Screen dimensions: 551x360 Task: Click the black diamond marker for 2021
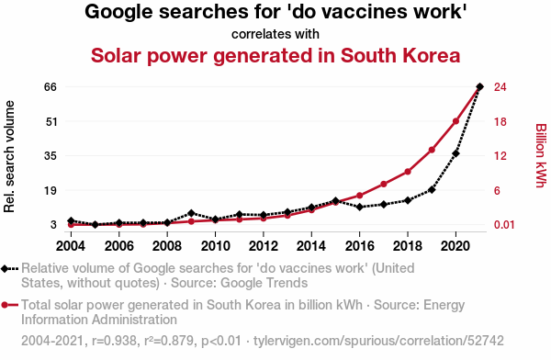pos(479,86)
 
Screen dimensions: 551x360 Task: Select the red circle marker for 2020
pos(455,121)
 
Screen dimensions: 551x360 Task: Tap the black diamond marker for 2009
pos(191,213)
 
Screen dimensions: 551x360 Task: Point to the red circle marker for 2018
pos(408,172)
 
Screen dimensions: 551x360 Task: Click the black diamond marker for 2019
pos(432,190)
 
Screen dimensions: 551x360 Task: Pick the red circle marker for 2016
pos(359,196)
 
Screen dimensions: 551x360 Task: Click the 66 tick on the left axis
pos(51,87)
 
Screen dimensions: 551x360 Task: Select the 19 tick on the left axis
pos(51,190)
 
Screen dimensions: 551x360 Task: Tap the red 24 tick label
pos(500,87)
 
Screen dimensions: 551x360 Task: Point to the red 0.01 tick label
pos(504,225)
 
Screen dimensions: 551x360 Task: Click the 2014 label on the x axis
pos(311,246)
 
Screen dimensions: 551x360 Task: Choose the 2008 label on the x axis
pos(167,246)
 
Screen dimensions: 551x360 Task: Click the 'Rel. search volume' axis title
pos(9,156)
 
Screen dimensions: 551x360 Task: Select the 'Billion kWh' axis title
pos(541,155)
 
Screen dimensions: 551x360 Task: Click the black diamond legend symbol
pos(5,268)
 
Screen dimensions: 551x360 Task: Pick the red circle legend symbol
pos(5,305)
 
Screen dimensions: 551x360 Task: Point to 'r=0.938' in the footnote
pos(114,341)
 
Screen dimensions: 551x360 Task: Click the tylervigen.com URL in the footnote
pos(378,341)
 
